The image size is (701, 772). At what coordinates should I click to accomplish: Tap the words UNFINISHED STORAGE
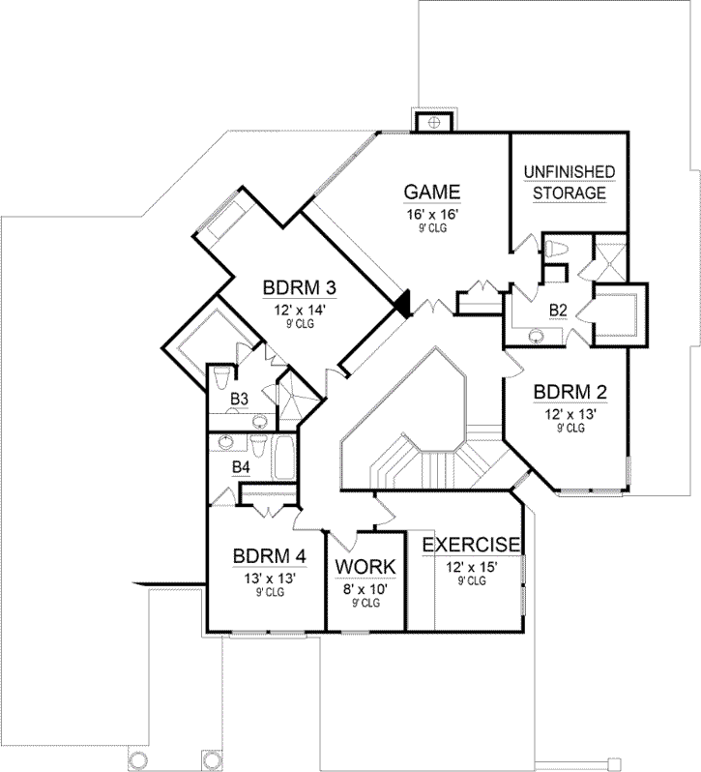[570, 182]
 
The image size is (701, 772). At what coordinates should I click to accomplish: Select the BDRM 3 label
[299, 287]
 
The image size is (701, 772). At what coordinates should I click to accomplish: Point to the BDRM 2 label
[570, 392]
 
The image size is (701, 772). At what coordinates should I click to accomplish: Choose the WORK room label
[365, 567]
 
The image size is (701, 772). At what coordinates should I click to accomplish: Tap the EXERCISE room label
[472, 545]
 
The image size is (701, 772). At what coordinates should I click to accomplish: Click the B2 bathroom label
[557, 310]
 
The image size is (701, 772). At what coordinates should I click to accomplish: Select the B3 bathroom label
[239, 398]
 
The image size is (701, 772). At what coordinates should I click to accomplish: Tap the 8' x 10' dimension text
[365, 587]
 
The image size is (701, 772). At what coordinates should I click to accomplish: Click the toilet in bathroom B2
[555, 249]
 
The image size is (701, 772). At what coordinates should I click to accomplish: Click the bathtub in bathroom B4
[283, 458]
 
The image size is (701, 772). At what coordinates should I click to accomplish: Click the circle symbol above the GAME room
[434, 121]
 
